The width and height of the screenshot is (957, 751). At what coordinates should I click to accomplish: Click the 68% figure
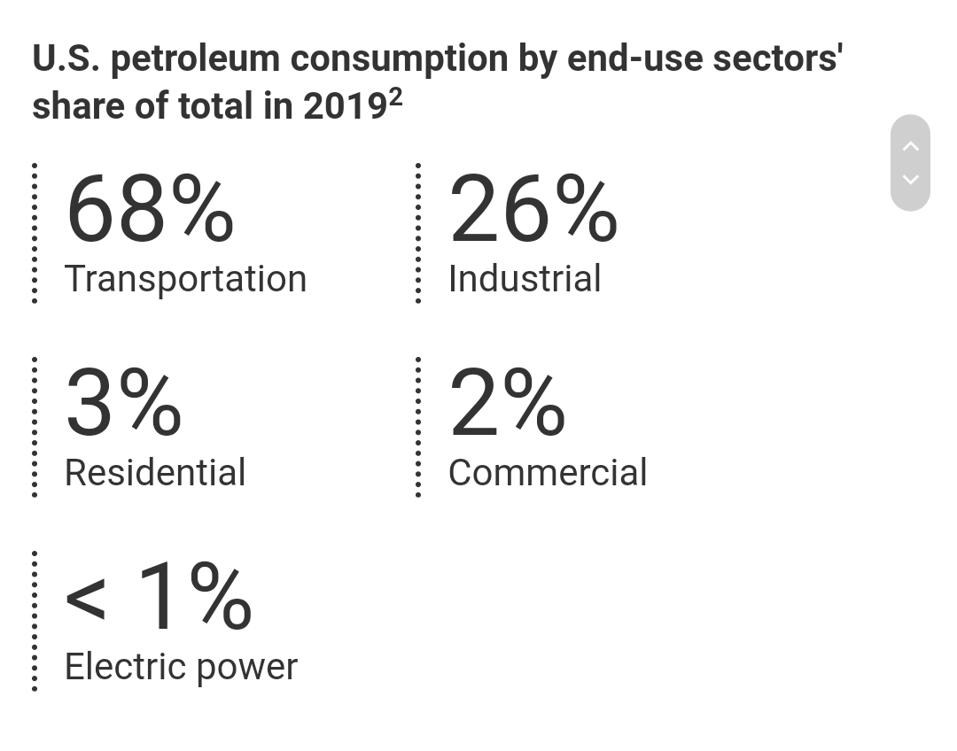click(149, 209)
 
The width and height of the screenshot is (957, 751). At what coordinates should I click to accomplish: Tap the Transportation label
click(185, 279)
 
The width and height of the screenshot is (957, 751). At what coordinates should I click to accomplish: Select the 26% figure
click(533, 209)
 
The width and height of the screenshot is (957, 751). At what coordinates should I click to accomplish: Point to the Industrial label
click(525, 279)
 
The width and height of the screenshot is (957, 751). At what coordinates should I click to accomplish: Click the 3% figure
click(123, 404)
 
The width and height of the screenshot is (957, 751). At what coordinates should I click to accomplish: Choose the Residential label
click(155, 473)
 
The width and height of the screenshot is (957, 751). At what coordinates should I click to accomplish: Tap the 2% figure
click(507, 404)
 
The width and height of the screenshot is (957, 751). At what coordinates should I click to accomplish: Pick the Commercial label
click(548, 473)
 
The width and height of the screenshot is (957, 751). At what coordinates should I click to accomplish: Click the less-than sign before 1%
click(86, 600)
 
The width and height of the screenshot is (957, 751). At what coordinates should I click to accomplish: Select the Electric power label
click(181, 667)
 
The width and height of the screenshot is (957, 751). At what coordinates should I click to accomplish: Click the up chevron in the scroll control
click(910, 146)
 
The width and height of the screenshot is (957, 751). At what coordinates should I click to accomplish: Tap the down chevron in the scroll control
click(910, 180)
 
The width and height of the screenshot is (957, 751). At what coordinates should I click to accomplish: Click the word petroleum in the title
click(196, 59)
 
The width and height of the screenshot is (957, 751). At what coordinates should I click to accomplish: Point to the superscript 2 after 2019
click(395, 97)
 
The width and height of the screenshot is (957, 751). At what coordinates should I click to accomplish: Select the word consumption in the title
click(399, 59)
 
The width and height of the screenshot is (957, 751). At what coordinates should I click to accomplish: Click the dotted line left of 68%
click(35, 233)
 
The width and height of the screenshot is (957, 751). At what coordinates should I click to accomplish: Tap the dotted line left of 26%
click(418, 233)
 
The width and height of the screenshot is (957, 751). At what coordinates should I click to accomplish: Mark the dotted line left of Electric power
click(35, 620)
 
